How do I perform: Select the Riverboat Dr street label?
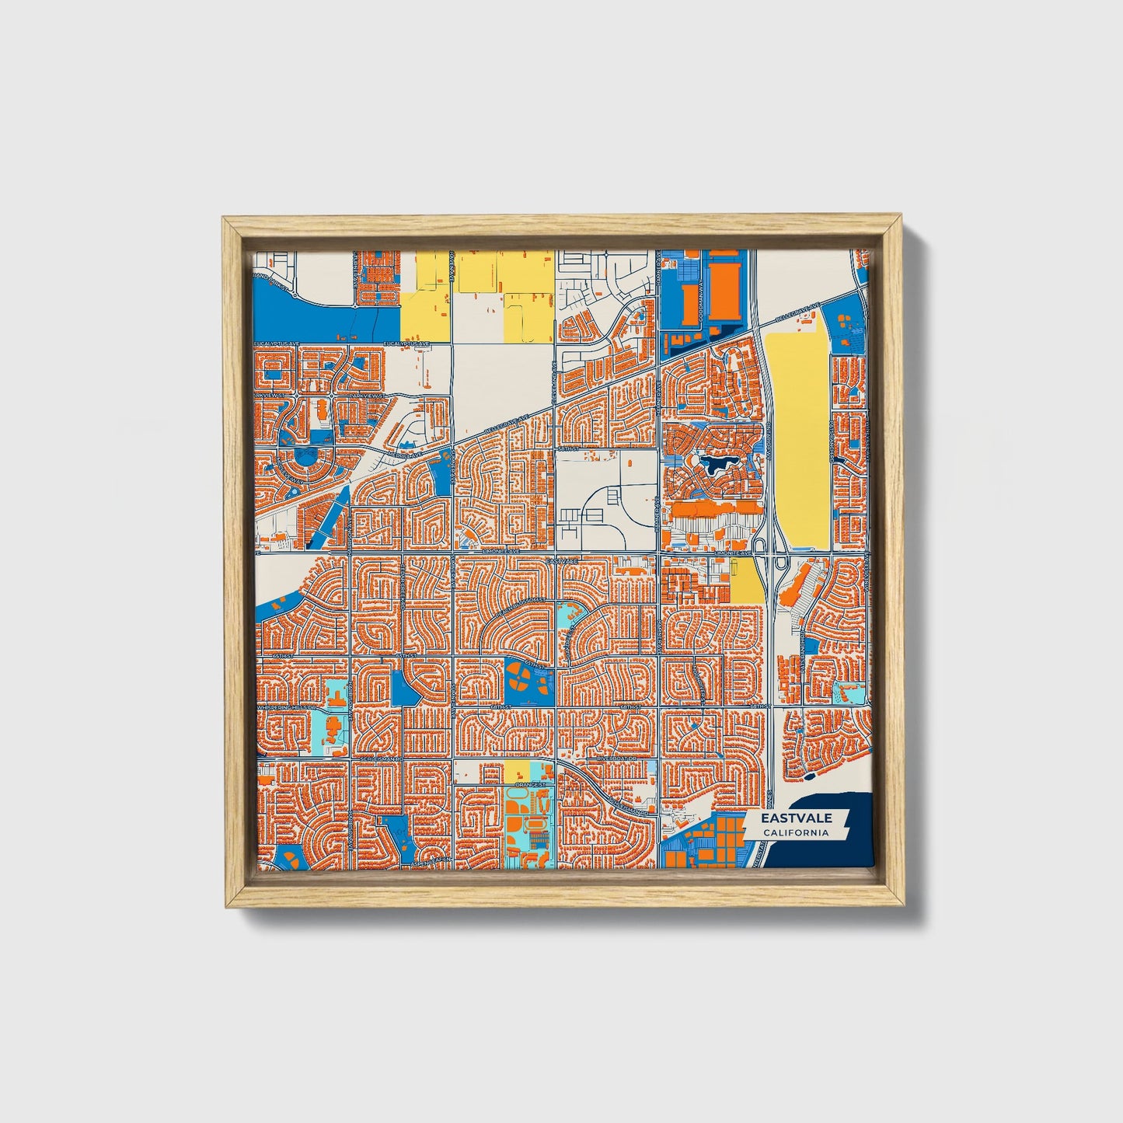tap(618, 758)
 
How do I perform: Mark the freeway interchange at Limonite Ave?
tap(769, 553)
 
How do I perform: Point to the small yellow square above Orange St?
tap(516, 772)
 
